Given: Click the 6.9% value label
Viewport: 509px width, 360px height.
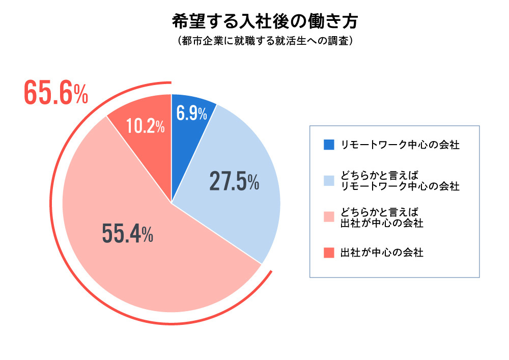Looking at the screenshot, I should click(191, 114).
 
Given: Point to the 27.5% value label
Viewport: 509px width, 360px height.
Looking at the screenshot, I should click(234, 182).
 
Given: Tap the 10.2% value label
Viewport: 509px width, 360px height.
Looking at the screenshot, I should click(145, 127).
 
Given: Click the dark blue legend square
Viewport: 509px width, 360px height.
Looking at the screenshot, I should click(329, 145).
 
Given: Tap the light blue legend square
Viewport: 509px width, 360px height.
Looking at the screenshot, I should click(329, 180).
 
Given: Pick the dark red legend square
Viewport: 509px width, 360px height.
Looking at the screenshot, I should click(329, 252).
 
